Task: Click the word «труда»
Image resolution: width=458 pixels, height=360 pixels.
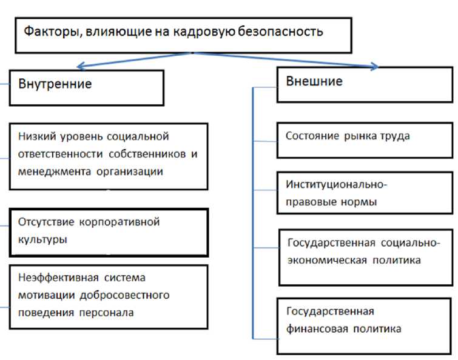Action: coord(395,136)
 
